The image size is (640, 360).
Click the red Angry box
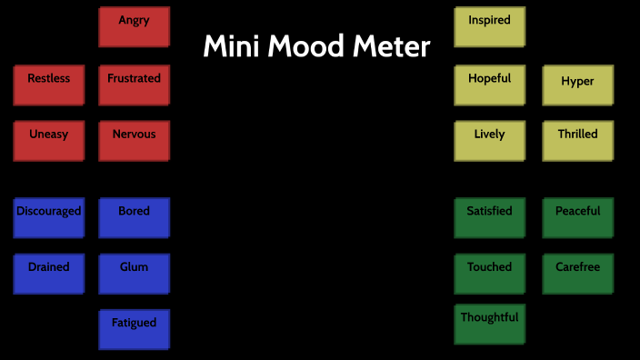134,26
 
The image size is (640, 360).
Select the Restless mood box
48,85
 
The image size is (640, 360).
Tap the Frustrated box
134,85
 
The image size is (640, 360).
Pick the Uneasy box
48,141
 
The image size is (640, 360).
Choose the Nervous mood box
134,141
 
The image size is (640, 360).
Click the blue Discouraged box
48,217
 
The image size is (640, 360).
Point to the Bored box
134,217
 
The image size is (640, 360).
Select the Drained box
48,274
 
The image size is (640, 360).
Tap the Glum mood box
134,274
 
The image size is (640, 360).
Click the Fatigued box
134,329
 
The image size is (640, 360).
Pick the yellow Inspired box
489,26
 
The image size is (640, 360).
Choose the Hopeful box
489,85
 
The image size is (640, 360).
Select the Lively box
489,141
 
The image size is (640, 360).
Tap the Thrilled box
577,141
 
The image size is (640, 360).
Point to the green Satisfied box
489,217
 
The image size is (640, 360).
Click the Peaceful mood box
577,217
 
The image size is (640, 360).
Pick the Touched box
489,274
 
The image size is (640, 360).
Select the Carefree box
577,274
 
